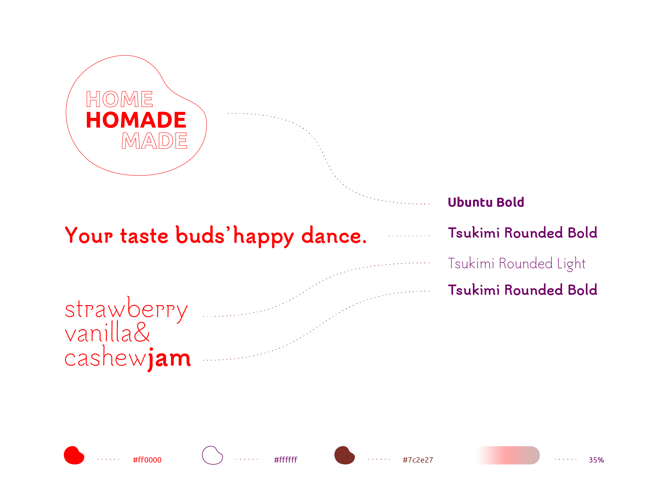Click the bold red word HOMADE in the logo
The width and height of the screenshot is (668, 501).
tap(136, 120)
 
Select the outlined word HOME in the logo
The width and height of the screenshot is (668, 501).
tap(120, 99)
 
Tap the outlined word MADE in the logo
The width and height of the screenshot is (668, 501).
tap(154, 141)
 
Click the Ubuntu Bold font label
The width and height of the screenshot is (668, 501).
tap(486, 202)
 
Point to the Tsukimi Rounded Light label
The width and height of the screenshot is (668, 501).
tap(516, 264)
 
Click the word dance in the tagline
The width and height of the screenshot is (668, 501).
tap(334, 235)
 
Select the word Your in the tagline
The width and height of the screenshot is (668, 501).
tap(89, 235)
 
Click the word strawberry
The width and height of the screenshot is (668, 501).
tap(126, 309)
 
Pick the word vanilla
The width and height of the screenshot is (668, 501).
tap(98, 332)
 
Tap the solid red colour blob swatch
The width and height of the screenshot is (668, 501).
tap(74, 455)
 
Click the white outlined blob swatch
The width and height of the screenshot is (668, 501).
tap(212, 455)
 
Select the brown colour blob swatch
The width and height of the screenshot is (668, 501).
tap(345, 455)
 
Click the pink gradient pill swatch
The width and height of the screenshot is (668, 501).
tap(508, 455)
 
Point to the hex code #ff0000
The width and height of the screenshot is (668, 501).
tap(147, 460)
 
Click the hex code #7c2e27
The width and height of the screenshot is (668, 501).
tap(418, 460)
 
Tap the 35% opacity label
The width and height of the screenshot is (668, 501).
tap(596, 460)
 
